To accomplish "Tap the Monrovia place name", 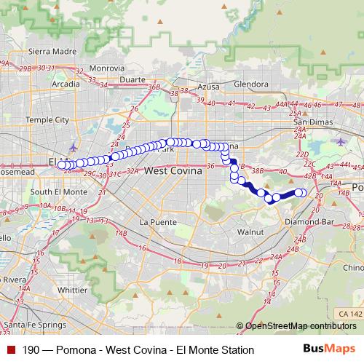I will pyautogui.click(x=107, y=68).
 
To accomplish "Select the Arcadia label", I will pyautogui.click(x=66, y=84).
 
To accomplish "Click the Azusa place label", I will pyautogui.click(x=208, y=86).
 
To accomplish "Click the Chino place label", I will pyautogui.click(x=353, y=269).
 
